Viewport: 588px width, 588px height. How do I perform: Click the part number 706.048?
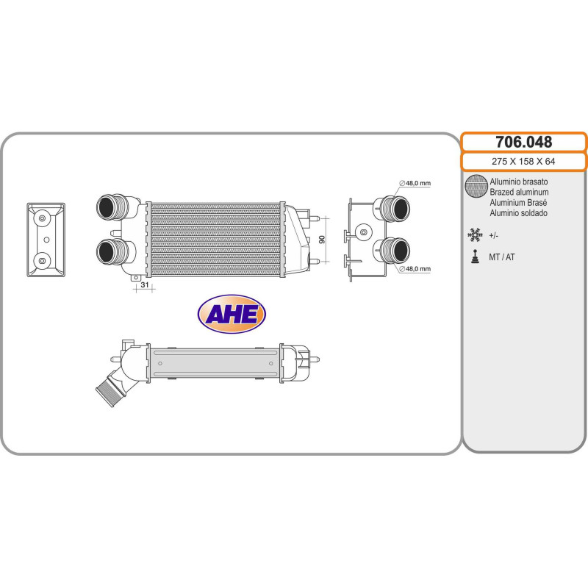point(523,142)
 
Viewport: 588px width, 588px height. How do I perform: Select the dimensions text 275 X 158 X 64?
point(523,162)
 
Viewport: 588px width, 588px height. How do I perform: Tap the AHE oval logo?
point(232,315)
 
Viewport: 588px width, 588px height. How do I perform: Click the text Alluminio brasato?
point(518,181)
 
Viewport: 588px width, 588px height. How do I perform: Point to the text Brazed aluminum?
point(519,192)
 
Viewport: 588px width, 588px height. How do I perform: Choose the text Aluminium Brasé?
point(518,202)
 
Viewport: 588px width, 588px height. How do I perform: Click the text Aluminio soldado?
point(518,213)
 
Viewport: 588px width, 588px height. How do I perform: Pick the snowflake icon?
point(475,235)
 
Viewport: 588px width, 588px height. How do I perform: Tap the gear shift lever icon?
point(475,257)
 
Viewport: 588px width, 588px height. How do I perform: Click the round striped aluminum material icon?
point(476,187)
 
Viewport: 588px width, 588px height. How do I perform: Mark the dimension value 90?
point(321,240)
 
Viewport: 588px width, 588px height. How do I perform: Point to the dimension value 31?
point(144,285)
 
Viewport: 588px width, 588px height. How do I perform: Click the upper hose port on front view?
point(112,207)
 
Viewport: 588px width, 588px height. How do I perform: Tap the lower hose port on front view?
point(112,251)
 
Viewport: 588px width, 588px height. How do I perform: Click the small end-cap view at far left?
point(46,240)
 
